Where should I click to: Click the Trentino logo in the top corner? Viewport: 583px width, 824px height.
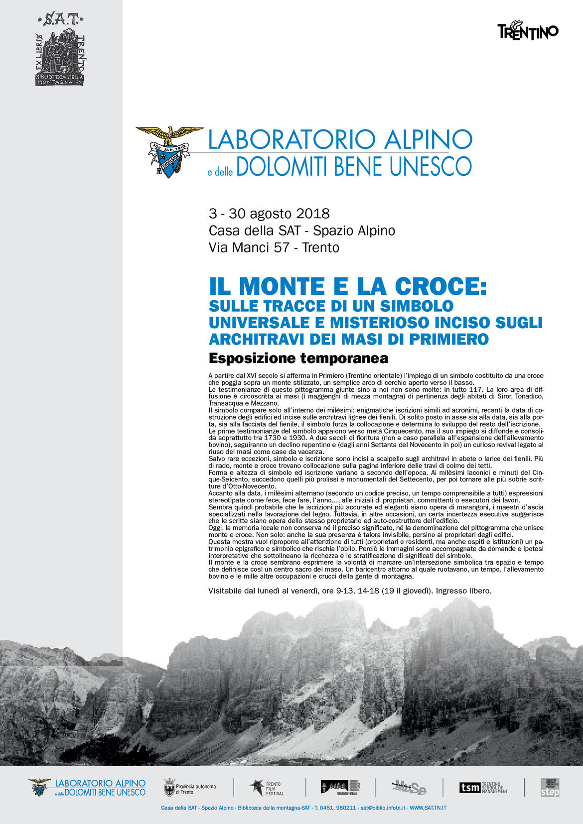click(528, 31)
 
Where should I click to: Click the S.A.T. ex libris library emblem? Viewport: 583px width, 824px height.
click(60, 50)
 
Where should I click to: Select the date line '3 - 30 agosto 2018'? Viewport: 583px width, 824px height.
click(269, 214)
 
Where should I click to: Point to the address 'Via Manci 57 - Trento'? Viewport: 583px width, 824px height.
click(274, 247)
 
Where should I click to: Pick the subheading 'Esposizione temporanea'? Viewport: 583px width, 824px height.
click(298, 358)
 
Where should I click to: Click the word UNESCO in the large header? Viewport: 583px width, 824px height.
click(430, 166)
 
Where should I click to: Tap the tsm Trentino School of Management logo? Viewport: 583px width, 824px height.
click(483, 788)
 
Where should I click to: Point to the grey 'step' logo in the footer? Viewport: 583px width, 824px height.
click(550, 788)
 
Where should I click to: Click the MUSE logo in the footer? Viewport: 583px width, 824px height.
click(409, 788)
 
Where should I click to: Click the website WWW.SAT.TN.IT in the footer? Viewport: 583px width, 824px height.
click(428, 808)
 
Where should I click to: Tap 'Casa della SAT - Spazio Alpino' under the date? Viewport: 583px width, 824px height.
click(301, 231)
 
